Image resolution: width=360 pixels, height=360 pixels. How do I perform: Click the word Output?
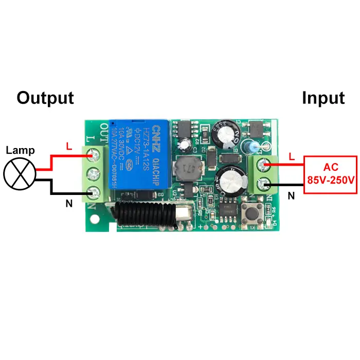point(45,98)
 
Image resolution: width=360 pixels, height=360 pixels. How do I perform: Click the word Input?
point(323,98)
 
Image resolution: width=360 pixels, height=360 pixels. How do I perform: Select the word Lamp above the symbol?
point(20,151)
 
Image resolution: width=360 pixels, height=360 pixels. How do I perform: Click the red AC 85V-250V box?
point(330,174)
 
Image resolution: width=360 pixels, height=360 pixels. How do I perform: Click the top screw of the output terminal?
point(94,153)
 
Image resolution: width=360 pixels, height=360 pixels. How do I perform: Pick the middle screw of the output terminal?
point(94,173)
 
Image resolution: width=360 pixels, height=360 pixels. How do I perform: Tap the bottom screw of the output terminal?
point(94,193)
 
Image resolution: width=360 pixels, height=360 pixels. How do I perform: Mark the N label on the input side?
point(291,195)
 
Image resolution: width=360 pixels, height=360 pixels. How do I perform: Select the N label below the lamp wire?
point(68,204)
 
